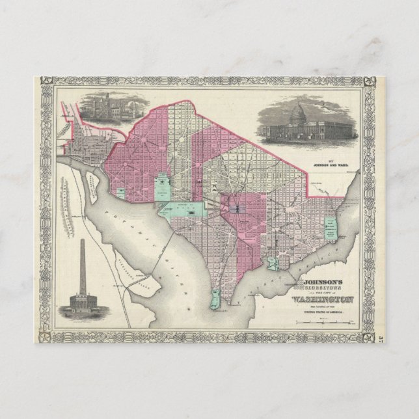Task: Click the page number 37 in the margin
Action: point(382,339)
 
